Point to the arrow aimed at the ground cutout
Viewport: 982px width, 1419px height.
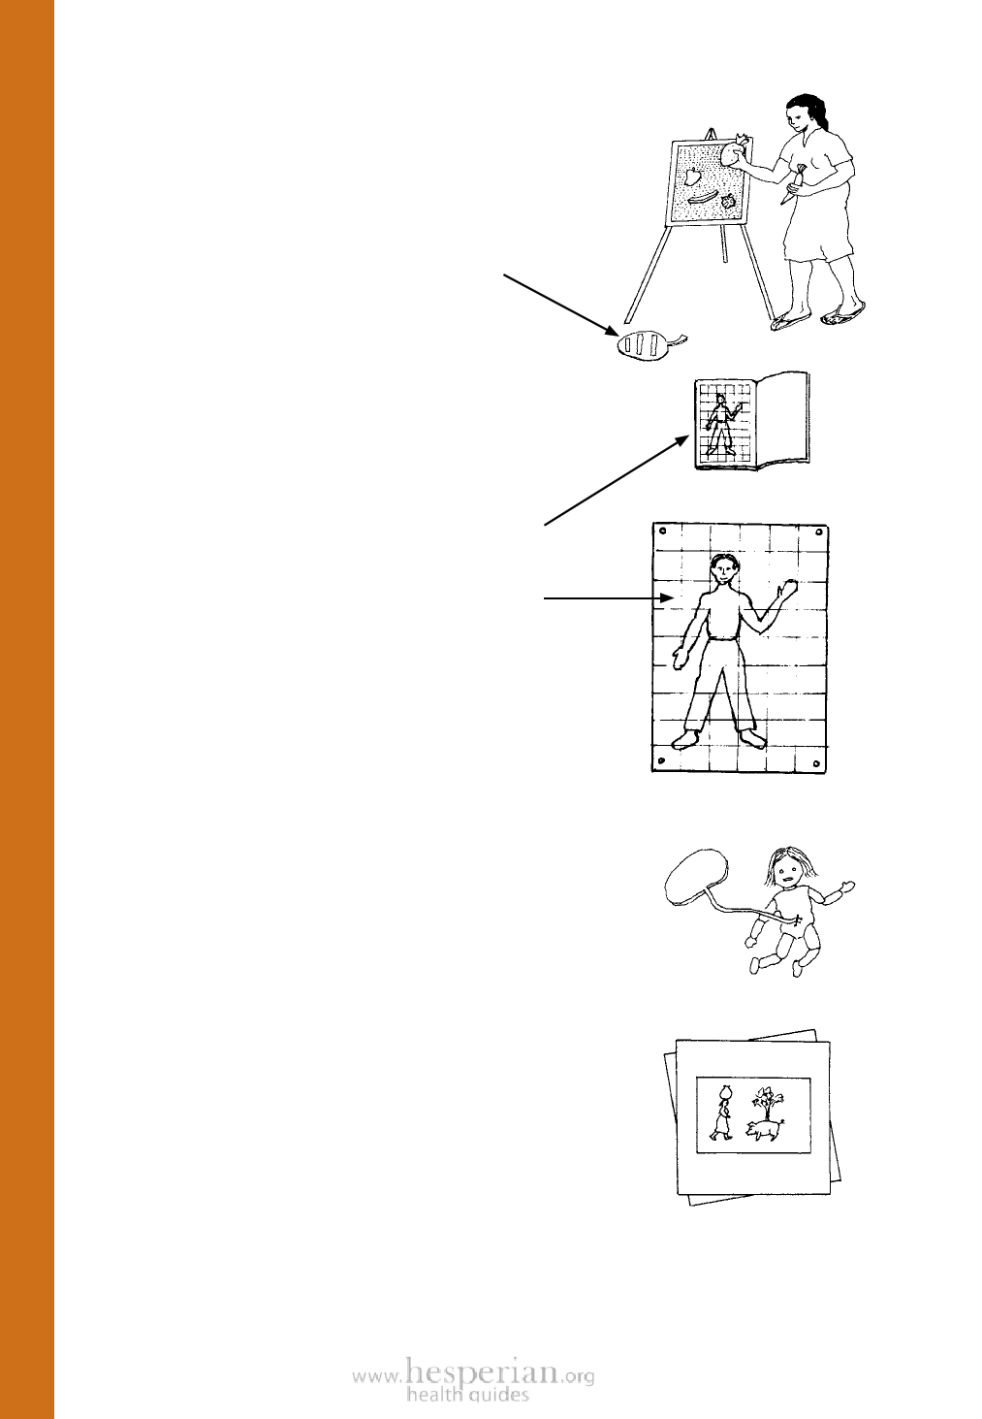point(561,305)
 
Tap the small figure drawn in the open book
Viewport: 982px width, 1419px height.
point(720,425)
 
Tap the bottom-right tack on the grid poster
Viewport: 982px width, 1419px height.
point(816,762)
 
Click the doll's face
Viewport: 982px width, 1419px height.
point(787,878)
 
